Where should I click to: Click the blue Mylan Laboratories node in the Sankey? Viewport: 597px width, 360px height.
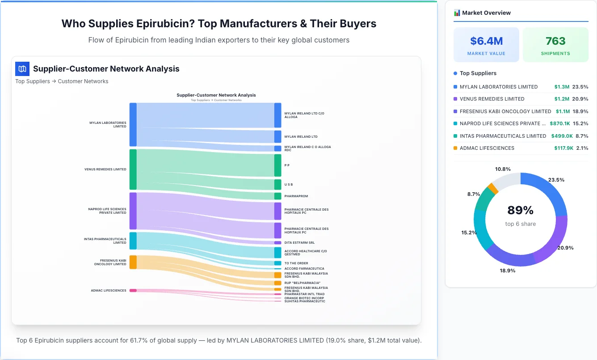click(133, 124)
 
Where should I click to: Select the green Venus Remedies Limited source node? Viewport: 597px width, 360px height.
click(133, 169)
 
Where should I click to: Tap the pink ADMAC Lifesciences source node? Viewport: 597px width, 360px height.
click(133, 290)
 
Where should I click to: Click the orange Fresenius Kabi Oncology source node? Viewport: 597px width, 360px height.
click(133, 262)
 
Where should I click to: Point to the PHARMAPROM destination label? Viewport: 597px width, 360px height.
click(296, 196)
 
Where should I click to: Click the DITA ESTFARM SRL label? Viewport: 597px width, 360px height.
click(299, 243)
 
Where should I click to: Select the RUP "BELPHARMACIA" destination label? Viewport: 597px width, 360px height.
click(303, 283)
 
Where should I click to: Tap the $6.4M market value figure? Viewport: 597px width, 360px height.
click(486, 41)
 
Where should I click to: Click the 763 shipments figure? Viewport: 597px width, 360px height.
click(555, 41)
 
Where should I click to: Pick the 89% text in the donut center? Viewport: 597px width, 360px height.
click(521, 210)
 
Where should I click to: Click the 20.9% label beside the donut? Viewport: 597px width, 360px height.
click(565, 248)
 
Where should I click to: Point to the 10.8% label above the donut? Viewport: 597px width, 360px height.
click(503, 169)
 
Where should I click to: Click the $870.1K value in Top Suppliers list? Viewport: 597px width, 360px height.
click(562, 123)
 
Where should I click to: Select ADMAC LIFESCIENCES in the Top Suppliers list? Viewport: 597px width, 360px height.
click(487, 148)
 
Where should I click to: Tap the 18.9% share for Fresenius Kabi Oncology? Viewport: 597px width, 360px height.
click(580, 111)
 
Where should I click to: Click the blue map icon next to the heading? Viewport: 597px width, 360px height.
click(22, 69)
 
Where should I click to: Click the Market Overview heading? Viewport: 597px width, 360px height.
click(486, 13)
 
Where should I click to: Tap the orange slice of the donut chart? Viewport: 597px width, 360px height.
click(493, 188)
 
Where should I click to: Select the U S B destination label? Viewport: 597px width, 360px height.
click(289, 185)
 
